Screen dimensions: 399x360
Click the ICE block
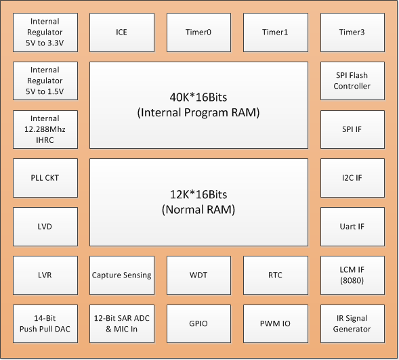click(122, 32)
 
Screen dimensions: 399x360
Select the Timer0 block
click(198, 32)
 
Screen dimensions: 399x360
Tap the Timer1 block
click(276, 32)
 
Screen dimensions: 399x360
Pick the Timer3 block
click(352, 32)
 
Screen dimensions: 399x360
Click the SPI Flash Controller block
click(352, 81)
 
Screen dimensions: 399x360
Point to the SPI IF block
click(352, 129)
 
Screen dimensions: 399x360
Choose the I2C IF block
click(352, 178)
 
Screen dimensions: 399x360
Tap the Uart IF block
click(352, 227)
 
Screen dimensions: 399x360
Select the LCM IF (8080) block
click(352, 275)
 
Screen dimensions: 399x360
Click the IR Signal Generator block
click(352, 323)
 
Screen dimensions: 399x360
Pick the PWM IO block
click(276, 323)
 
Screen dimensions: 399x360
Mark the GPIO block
click(198, 323)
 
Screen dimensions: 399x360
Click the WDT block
click(198, 275)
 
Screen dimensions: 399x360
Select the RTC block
click(276, 275)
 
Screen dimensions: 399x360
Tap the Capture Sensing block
click(122, 275)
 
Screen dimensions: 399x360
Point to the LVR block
click(45, 275)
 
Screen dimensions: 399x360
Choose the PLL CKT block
click(45, 178)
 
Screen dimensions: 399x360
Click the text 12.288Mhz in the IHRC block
click(45, 129)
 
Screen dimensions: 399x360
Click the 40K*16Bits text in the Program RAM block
click(198, 97)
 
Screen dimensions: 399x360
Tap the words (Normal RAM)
click(198, 210)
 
